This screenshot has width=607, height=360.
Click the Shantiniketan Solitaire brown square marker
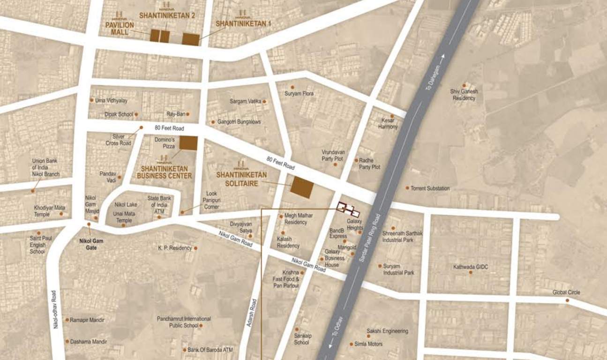click(x=301, y=187)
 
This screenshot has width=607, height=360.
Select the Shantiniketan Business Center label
click(x=164, y=172)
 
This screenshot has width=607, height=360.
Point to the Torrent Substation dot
click(x=407, y=188)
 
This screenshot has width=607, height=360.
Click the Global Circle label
click(x=566, y=292)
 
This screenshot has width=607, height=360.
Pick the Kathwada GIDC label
click(x=470, y=267)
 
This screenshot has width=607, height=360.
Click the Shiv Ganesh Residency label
click(x=464, y=95)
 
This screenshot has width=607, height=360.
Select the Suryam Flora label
click(x=299, y=94)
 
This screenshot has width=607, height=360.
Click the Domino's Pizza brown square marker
click(x=188, y=143)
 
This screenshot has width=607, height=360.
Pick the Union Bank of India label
click(x=45, y=167)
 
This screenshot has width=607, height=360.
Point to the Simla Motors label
click(x=368, y=344)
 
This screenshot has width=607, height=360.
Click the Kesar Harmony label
click(x=388, y=124)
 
